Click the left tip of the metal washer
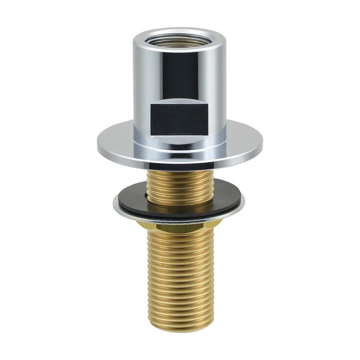coord(115,205)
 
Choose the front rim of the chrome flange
coord(180,161)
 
